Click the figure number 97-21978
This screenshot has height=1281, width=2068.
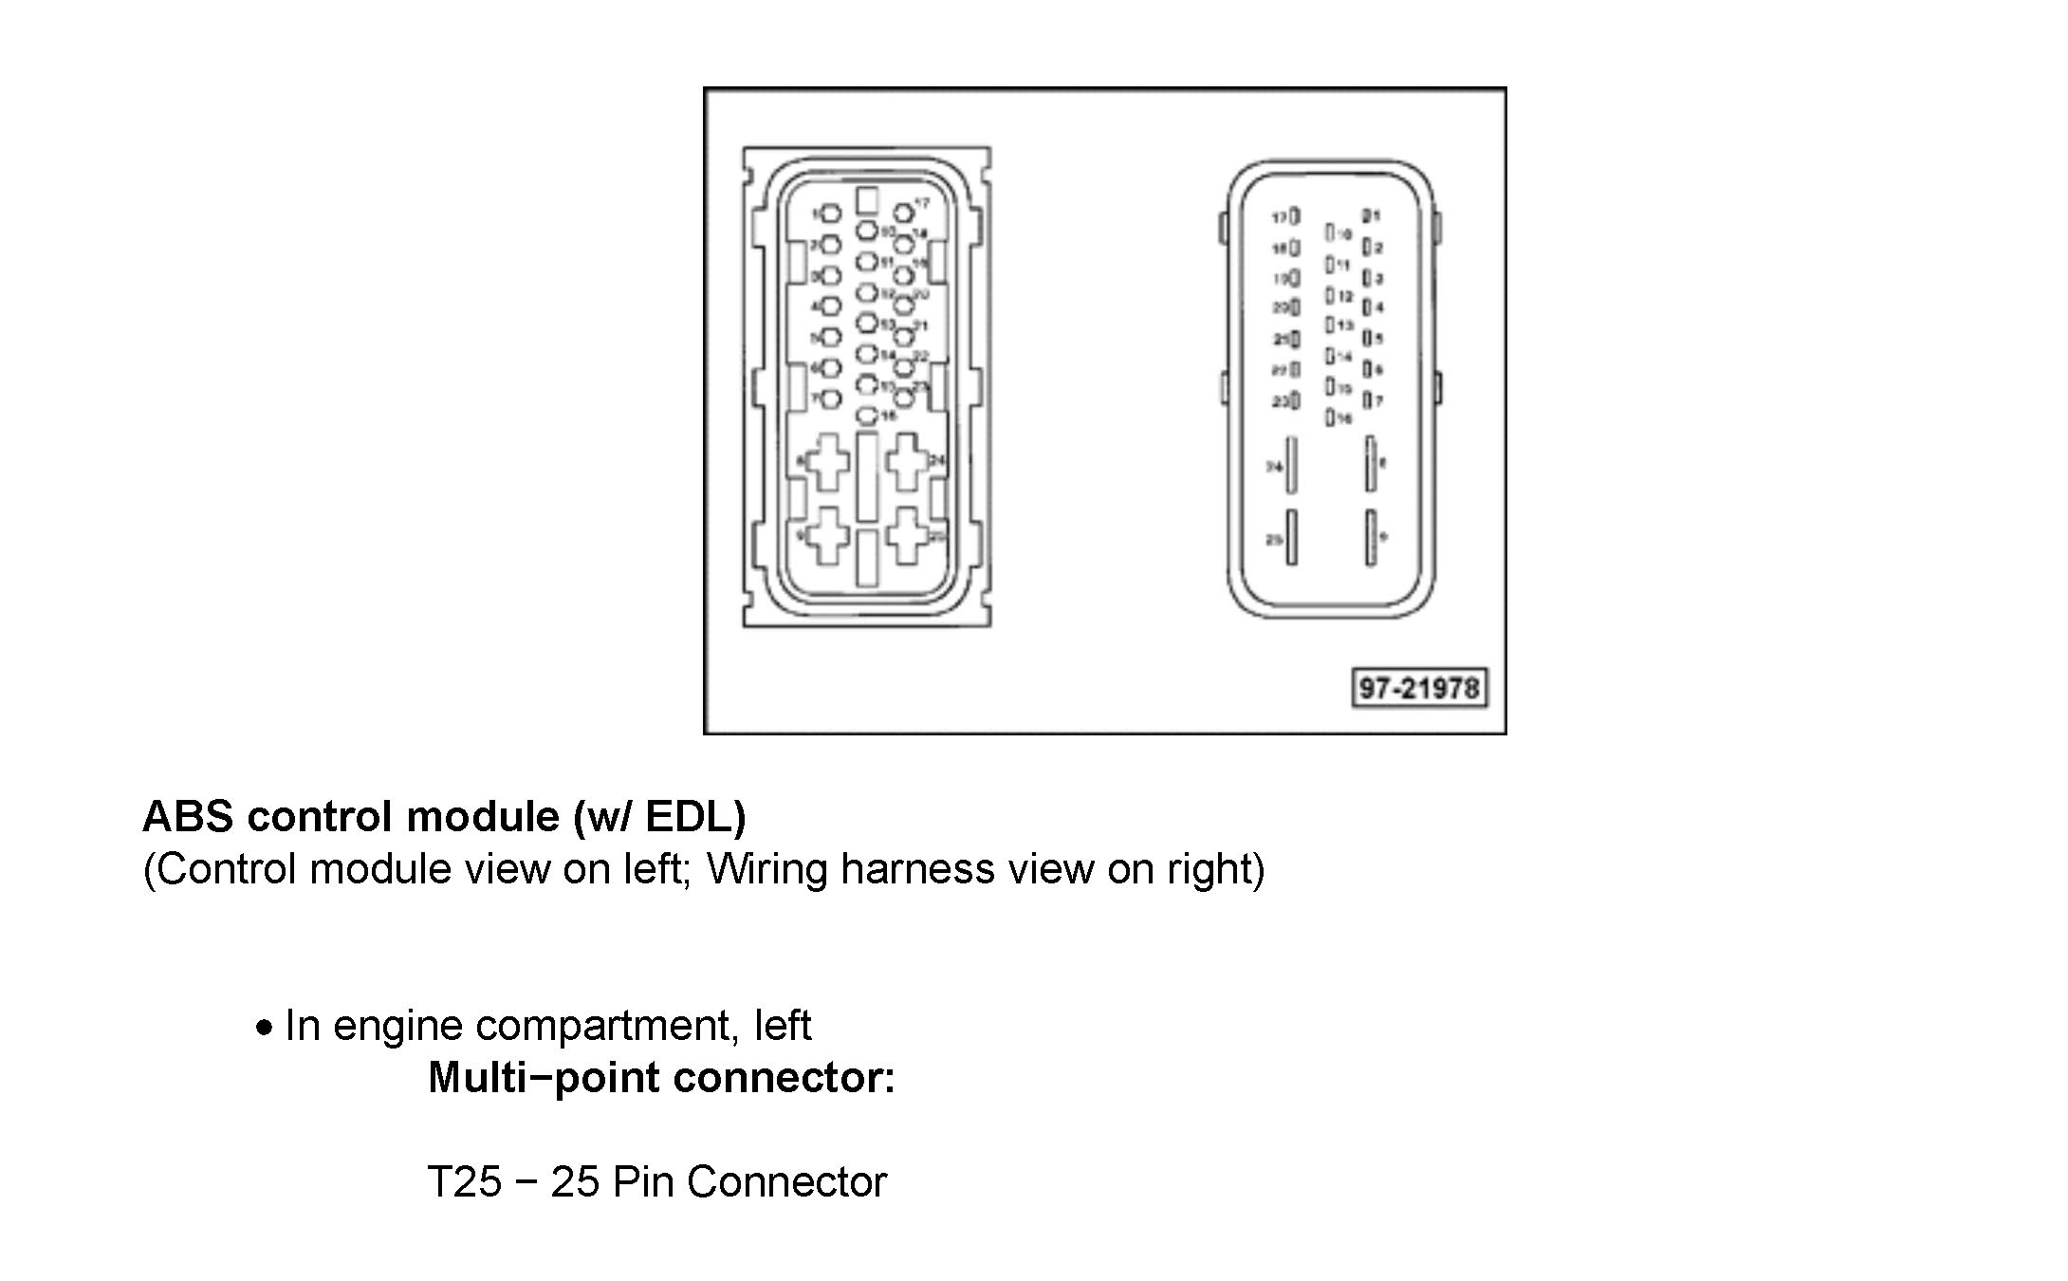pos(1418,688)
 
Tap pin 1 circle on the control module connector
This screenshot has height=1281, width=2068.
pos(830,214)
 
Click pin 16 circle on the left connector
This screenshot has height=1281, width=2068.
pos(867,415)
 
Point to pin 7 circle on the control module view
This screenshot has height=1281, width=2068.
pos(830,399)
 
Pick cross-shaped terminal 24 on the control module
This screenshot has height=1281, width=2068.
pos(906,461)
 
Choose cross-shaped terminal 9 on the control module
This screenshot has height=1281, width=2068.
pos(828,535)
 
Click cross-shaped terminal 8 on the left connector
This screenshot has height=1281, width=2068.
pos(828,461)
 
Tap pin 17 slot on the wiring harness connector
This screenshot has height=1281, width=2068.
pos(1295,217)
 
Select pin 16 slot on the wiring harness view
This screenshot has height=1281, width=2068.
pos(1331,417)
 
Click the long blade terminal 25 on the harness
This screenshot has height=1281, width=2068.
pos(1291,538)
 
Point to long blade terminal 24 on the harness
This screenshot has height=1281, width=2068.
pos(1291,465)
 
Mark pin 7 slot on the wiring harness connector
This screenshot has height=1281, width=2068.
pos(1367,400)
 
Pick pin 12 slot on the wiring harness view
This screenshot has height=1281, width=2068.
pos(1331,296)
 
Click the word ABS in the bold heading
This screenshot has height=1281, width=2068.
pos(188,816)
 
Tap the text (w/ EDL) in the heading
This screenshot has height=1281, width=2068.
pos(659,816)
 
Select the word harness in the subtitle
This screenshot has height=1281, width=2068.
pos(916,868)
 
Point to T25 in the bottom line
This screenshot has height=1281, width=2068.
pos(464,1181)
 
